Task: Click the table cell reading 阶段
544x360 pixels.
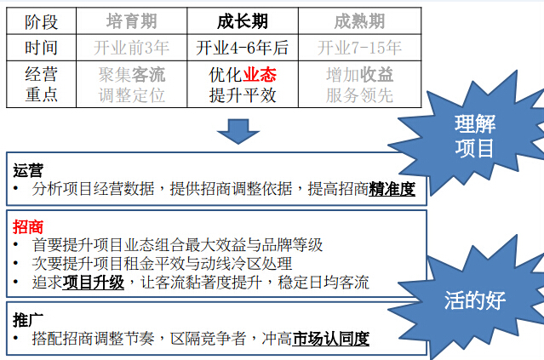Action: (41, 21)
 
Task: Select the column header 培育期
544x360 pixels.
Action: (131, 21)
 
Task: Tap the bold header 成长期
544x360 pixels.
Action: (243, 21)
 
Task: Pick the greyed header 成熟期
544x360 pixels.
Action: (360, 21)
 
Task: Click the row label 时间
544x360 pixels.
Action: (41, 48)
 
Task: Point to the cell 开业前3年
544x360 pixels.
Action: (131, 48)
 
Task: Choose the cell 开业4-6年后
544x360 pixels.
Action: (243, 48)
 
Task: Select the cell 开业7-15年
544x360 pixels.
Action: (360, 48)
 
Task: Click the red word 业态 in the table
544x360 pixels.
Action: (260, 75)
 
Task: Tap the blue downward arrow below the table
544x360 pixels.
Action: (238, 131)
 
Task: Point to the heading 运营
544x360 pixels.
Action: (28, 170)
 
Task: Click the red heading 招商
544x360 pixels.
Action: (28, 227)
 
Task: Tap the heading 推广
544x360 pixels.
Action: (28, 320)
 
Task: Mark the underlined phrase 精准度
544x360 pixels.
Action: (392, 190)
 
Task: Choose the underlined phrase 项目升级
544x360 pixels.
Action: (94, 283)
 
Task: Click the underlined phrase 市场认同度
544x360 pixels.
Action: (331, 339)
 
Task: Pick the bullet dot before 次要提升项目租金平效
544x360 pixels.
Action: (15, 263)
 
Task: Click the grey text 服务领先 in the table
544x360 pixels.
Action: (360, 95)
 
